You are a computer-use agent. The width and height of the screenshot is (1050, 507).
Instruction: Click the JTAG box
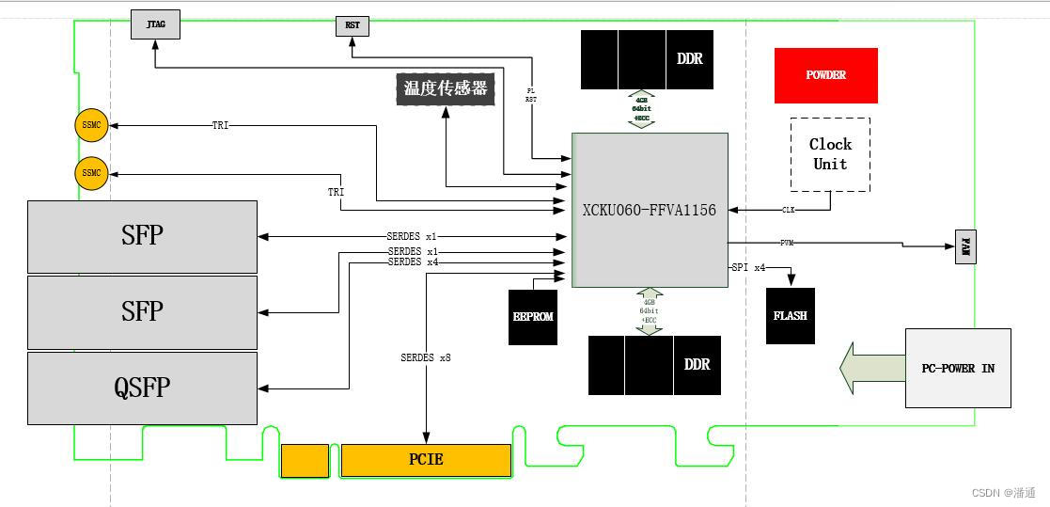(156, 24)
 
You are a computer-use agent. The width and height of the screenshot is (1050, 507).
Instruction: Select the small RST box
(353, 26)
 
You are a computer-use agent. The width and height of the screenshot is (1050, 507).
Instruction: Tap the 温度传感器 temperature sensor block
(446, 88)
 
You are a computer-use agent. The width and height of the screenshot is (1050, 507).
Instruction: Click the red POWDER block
(825, 75)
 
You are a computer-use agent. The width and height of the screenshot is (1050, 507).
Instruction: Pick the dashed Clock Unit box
(830, 154)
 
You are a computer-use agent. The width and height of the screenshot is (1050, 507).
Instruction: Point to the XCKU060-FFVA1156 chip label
(650, 210)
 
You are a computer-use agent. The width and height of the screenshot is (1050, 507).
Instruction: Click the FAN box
(965, 246)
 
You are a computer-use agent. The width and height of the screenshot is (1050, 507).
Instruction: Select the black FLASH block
(790, 316)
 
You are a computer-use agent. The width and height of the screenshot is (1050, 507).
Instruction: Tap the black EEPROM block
(533, 317)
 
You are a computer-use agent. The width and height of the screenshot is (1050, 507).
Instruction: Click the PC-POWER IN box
(957, 368)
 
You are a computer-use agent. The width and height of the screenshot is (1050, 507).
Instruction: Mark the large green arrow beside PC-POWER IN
(870, 368)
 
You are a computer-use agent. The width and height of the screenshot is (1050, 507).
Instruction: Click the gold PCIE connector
(426, 460)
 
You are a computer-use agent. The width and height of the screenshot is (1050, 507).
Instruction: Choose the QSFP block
(142, 388)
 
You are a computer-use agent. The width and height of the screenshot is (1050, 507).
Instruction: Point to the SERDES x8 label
(426, 357)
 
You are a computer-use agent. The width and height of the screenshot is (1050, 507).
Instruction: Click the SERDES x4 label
(413, 262)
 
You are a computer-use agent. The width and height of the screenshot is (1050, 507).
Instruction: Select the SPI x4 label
(748, 268)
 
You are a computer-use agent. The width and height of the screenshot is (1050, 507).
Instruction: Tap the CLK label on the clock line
(788, 210)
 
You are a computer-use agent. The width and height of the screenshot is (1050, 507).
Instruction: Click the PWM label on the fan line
(787, 243)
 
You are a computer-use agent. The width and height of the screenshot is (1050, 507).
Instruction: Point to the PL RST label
(531, 94)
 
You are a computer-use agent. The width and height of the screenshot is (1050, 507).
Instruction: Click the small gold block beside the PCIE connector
(305, 460)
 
